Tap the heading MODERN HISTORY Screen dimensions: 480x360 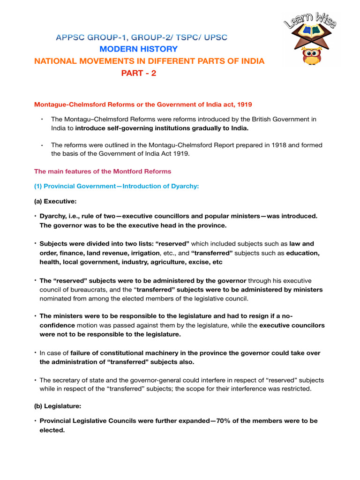pos(139,49)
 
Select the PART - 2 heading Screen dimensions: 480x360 pos(139,73)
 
